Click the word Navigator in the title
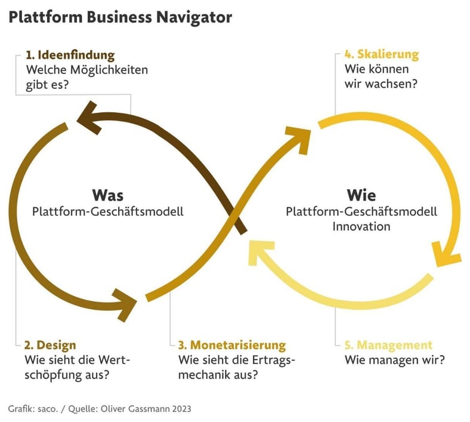coord(192,17)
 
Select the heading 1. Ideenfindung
coord(70,56)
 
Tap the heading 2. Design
coord(50,345)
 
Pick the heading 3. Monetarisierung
coord(232,345)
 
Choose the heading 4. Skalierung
coord(382,55)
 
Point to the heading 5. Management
coord(388,345)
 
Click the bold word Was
coord(107,195)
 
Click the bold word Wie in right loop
coord(361,195)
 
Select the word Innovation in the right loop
coord(361,226)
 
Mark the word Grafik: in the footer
coord(21,409)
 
